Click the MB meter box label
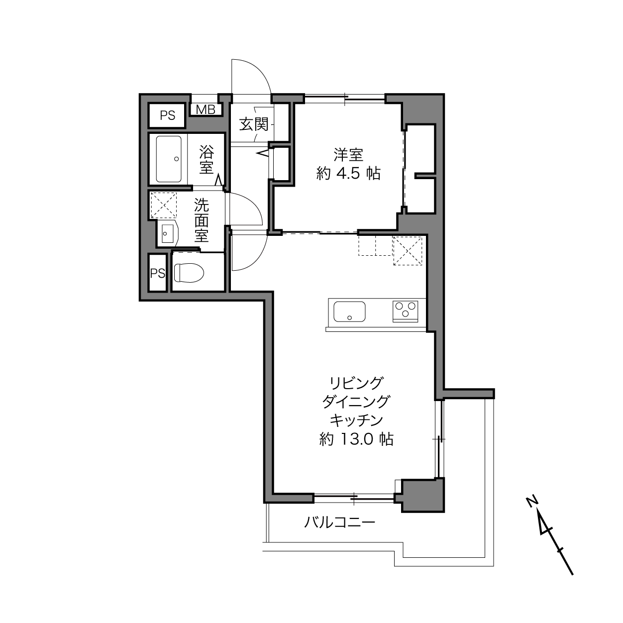[x=206, y=110]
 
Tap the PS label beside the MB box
[x=168, y=115]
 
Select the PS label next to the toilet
[x=158, y=274]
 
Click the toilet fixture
[x=189, y=273]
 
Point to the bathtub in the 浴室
[x=169, y=159]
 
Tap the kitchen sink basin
[x=349, y=311]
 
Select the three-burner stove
[x=405, y=311]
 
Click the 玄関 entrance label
[x=254, y=124]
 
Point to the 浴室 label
[x=207, y=160]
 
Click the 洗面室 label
[x=202, y=220]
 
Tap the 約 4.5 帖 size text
[x=348, y=174]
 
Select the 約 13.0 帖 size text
[x=356, y=439]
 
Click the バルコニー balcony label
[x=339, y=522]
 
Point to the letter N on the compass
[x=531, y=501]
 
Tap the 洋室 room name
[x=348, y=155]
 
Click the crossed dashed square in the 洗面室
[x=164, y=206]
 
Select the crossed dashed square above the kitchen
[x=408, y=251]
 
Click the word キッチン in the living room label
[x=356, y=420]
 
